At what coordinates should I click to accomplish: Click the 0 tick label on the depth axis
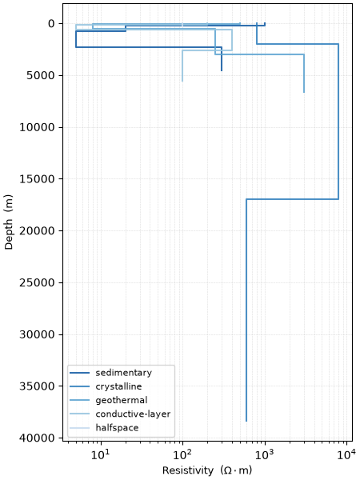[x=51, y=23]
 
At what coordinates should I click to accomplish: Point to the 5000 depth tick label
[x=41, y=75]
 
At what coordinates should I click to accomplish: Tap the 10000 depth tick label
[x=37, y=127]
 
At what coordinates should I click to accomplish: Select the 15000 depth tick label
[x=37, y=178]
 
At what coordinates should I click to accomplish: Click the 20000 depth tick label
[x=37, y=230]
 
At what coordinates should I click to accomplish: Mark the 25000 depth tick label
[x=37, y=282]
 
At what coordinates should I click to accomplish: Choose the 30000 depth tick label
[x=37, y=334]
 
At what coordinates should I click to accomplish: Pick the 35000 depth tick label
[x=37, y=386]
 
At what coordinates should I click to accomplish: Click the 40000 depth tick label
[x=37, y=438]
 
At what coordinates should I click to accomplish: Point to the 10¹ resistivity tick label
[x=101, y=455]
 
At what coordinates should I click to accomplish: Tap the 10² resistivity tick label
[x=182, y=455]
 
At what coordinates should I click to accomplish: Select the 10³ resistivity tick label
[x=265, y=455]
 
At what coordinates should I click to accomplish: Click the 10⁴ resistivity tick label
[x=347, y=455]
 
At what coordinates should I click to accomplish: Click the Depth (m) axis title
[x=9, y=222]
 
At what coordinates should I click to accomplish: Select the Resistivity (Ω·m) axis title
[x=207, y=470]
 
